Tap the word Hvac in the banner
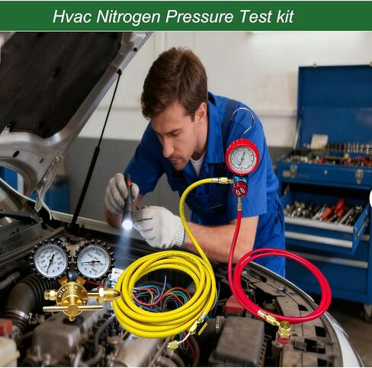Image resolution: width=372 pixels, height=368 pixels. [x=70, y=16]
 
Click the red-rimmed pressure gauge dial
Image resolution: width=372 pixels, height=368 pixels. [x=242, y=158]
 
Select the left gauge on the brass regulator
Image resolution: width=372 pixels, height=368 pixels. [x=51, y=260]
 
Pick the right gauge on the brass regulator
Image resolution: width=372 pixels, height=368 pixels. [x=94, y=260]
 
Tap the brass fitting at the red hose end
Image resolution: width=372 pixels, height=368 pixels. [x=282, y=328]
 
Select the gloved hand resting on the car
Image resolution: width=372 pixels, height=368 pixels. [x=159, y=227]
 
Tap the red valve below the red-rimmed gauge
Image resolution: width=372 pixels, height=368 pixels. [x=239, y=187]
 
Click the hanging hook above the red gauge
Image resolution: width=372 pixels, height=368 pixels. [x=245, y=118]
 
